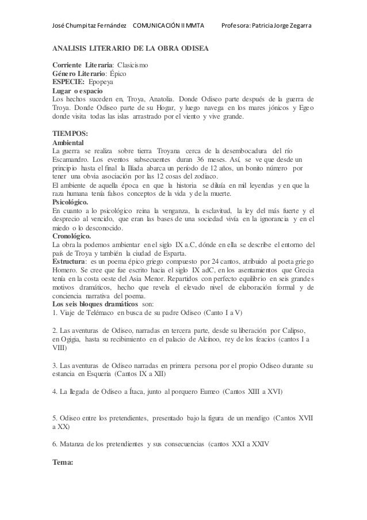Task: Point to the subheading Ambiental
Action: (68, 142)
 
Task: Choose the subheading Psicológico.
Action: (70, 203)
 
